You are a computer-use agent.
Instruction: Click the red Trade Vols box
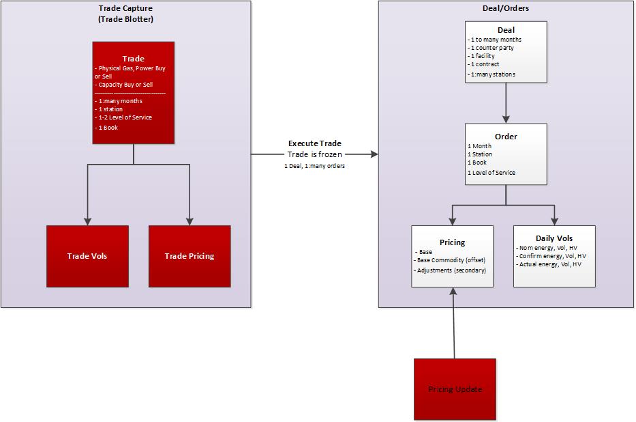point(87,256)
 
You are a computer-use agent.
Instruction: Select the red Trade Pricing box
point(190,256)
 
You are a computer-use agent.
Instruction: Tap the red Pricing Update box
point(455,389)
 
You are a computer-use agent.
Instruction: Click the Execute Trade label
point(315,143)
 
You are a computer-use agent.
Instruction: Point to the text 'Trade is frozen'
point(314,154)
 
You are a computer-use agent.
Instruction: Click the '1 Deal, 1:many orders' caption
point(314,167)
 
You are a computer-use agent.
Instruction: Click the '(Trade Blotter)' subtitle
point(126,18)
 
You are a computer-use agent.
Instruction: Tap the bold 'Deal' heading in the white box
point(506,30)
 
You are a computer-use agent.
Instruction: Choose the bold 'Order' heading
point(506,137)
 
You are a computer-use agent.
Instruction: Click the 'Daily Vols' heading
point(554,238)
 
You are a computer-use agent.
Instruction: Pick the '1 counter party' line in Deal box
point(491,48)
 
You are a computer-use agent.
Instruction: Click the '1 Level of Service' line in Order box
point(491,173)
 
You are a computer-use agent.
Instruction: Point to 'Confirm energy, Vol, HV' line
point(551,255)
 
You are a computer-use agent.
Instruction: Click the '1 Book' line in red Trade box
point(108,128)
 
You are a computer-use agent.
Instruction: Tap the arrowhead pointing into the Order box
point(506,119)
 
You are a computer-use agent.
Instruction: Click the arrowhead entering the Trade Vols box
point(87,221)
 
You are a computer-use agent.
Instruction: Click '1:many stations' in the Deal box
point(491,74)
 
